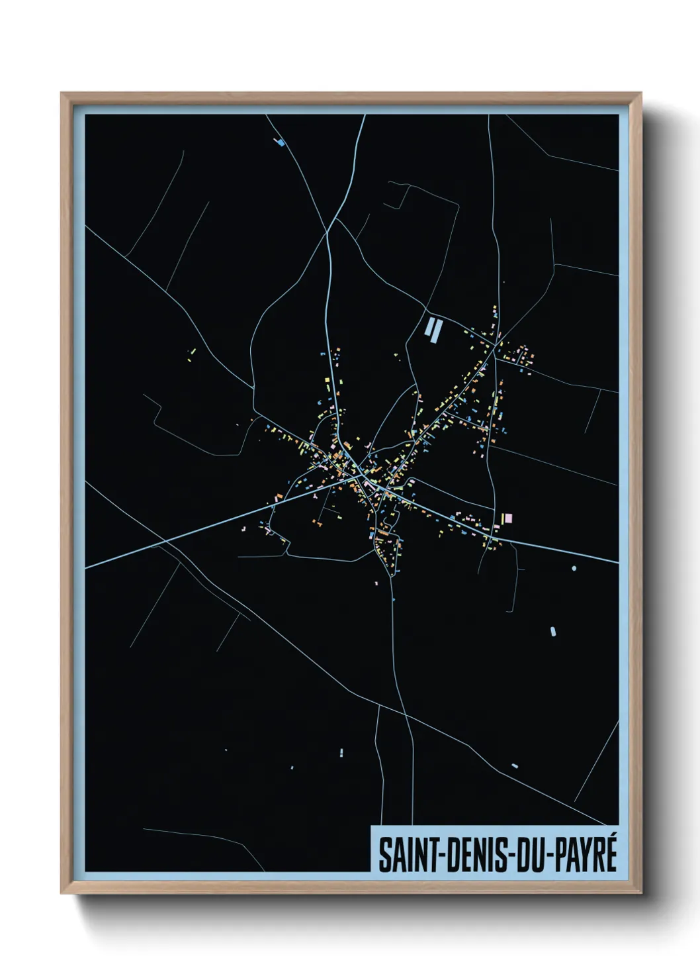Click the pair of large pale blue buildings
433,329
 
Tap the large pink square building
508,518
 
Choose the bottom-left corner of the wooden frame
62,892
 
